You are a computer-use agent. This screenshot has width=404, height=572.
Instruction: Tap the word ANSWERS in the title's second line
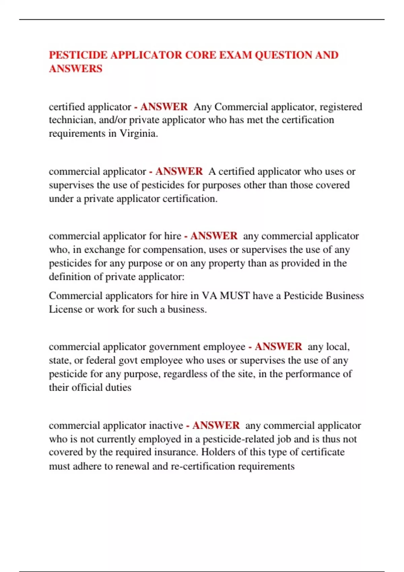tap(75, 69)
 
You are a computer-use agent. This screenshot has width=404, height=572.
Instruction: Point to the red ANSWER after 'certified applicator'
tap(164, 107)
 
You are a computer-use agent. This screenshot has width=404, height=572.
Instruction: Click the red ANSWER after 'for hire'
tap(214, 236)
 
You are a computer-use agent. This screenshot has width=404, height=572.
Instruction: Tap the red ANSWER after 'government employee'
tap(278, 347)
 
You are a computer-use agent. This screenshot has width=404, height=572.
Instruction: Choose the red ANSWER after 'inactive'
tap(216, 425)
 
